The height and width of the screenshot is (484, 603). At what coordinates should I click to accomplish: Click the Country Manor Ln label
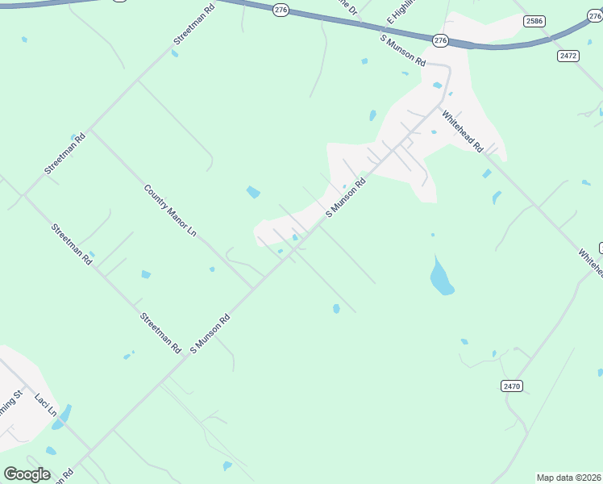(170, 210)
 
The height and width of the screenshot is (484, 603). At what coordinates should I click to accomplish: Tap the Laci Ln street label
(46, 406)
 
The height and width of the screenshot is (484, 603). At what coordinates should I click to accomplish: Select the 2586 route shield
(534, 21)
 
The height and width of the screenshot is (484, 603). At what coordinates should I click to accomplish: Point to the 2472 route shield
(568, 56)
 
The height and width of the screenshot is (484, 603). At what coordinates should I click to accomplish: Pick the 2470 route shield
(512, 386)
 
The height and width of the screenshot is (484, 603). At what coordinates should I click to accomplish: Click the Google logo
(27, 474)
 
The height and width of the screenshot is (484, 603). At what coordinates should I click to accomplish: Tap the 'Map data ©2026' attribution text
(569, 478)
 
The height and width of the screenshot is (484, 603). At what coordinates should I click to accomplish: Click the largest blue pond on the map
(441, 277)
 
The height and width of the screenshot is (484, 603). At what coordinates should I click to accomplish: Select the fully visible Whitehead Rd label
(467, 131)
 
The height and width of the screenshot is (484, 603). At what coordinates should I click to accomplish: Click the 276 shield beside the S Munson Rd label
(440, 40)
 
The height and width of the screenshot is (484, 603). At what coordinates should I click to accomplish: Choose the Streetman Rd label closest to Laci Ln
(160, 333)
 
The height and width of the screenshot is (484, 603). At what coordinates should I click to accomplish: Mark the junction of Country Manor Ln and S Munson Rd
(256, 288)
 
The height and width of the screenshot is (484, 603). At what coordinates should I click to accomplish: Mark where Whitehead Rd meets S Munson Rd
(442, 106)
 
